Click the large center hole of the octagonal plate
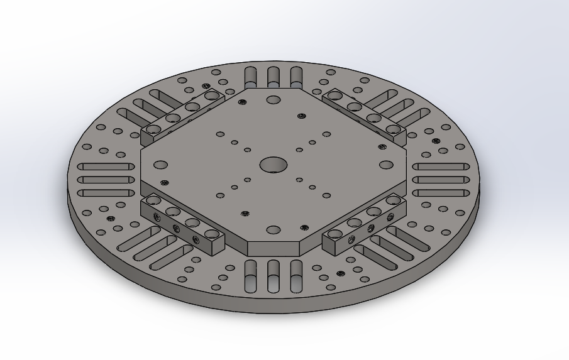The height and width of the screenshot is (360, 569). coord(273,165)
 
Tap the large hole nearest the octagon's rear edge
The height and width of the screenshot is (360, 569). coord(273,99)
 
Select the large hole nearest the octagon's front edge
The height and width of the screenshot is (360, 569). coord(273,230)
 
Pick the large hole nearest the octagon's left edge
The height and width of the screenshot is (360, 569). coord(160,165)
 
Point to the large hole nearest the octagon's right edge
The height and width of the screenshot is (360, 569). coord(386,165)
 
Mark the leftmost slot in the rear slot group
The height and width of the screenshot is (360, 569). coord(251,76)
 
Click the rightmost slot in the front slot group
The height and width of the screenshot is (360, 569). coord(296,276)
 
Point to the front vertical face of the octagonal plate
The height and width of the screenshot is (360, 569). coord(273,248)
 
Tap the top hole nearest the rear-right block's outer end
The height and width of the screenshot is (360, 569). coord(393,129)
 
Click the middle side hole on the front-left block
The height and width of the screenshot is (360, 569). coord(176,228)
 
